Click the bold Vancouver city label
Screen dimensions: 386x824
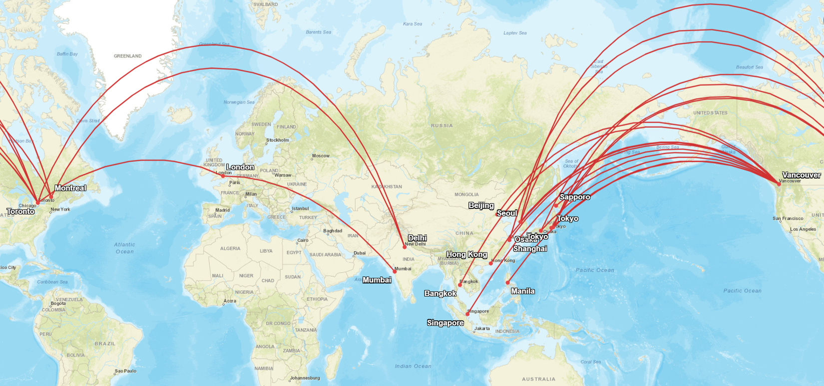[801, 175]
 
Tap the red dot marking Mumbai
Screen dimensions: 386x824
[395, 271]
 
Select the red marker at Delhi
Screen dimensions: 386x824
[405, 247]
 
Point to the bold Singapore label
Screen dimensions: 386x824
[445, 323]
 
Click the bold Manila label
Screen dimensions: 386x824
[523, 291]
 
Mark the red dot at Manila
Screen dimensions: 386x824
[508, 283]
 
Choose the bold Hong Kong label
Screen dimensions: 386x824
[466, 254]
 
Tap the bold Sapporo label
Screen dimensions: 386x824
[575, 197]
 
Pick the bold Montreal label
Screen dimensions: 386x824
[70, 188]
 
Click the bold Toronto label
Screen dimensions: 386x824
[20, 211]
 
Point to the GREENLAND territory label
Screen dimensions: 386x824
[127, 56]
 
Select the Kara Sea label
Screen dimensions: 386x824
[412, 24]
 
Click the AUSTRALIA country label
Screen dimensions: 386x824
[538, 379]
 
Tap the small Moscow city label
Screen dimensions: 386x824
[321, 155]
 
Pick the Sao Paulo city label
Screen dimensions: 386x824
[125, 371]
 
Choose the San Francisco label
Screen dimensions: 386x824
[788, 218]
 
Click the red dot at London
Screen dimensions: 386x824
[223, 176]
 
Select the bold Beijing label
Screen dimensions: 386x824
[481, 205]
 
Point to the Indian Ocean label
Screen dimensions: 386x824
[413, 366]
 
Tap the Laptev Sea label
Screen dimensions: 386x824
[515, 33]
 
